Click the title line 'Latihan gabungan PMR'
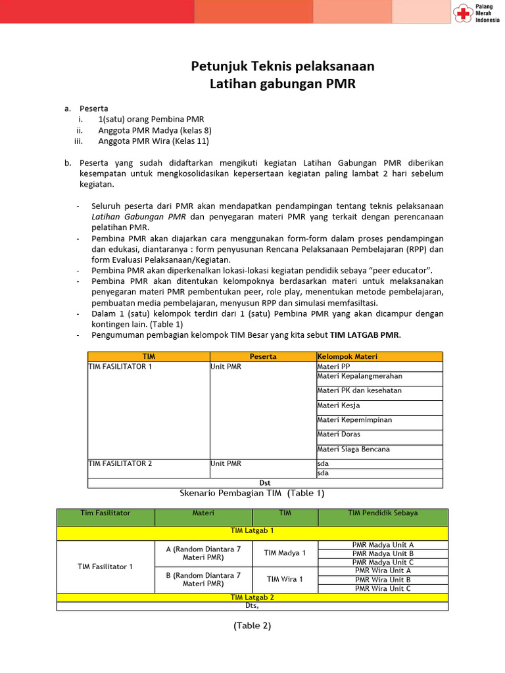click(x=282, y=83)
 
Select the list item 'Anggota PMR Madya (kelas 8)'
click(x=155, y=130)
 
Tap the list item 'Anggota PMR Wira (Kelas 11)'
click(x=153, y=141)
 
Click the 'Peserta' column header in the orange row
click(x=263, y=356)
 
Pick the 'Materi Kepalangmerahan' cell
click(x=359, y=377)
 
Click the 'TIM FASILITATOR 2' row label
click(x=120, y=463)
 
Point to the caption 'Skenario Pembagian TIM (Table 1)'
click(x=252, y=493)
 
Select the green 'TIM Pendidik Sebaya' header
click(x=383, y=513)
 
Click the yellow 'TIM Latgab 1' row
click(x=252, y=530)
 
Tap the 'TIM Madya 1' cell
click(x=285, y=553)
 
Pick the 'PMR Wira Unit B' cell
click(x=383, y=580)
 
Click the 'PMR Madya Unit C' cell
click(x=383, y=562)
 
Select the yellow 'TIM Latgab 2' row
click(x=252, y=597)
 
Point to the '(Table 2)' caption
click(x=252, y=626)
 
